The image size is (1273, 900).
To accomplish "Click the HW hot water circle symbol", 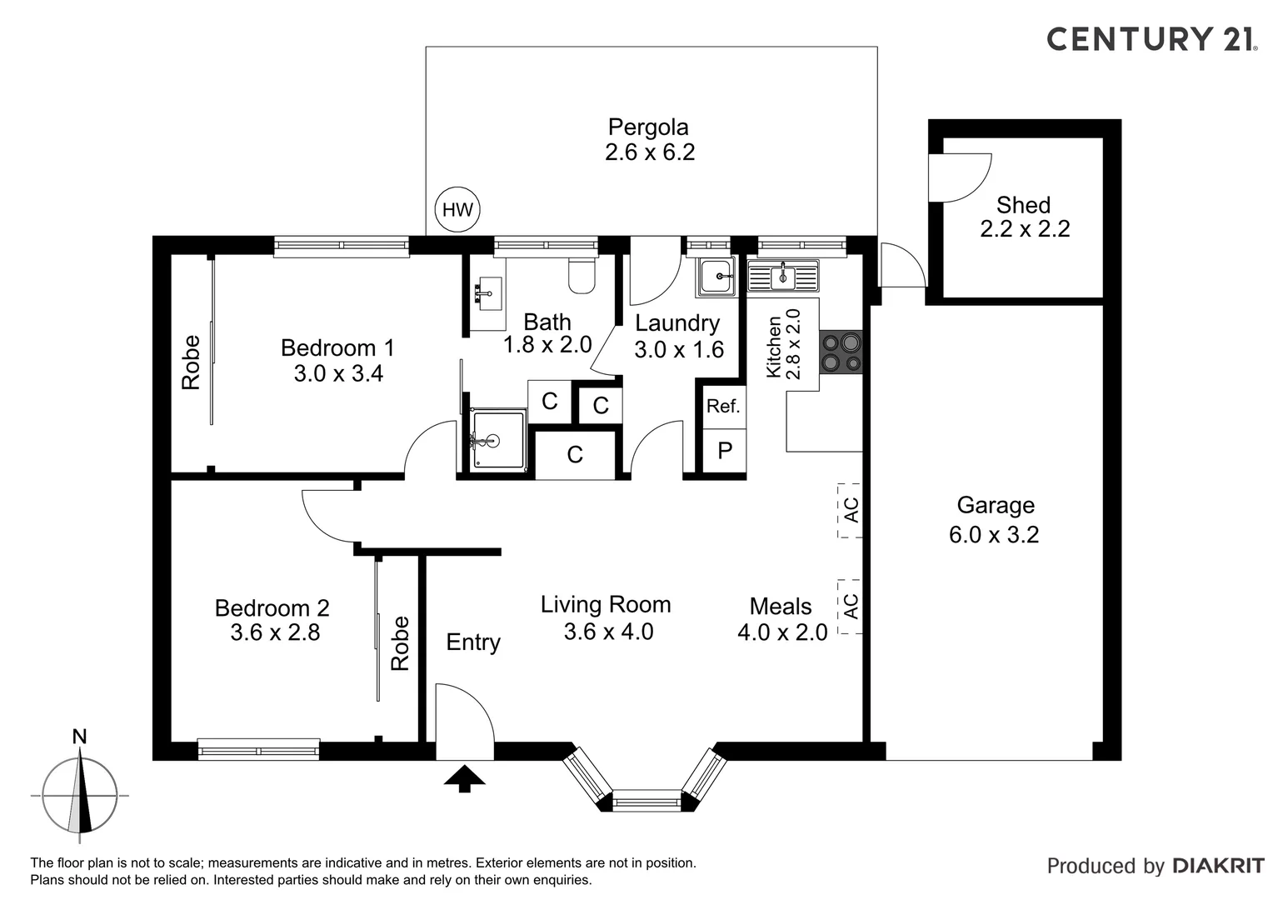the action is [x=457, y=209].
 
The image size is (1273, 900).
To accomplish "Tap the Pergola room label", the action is [x=648, y=127].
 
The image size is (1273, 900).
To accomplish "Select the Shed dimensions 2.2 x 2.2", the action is [x=1025, y=228].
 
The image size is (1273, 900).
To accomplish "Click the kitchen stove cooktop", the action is [x=841, y=352].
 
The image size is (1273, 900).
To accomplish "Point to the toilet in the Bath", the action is [x=581, y=275].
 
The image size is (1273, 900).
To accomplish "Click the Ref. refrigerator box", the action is [x=723, y=407].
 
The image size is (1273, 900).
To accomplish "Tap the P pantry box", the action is [x=724, y=451].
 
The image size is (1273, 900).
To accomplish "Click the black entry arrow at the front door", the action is [x=464, y=778].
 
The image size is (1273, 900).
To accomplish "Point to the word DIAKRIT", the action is [x=1219, y=866].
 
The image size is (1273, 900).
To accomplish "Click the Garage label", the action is [x=996, y=505].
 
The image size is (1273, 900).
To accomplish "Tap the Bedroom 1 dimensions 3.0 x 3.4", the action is [x=338, y=373].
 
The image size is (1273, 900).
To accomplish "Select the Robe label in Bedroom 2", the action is [x=400, y=643].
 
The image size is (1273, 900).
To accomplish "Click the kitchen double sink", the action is [x=783, y=277].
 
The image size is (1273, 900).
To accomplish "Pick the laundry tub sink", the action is [x=716, y=277].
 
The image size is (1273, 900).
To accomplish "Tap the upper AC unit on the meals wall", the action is [x=850, y=510].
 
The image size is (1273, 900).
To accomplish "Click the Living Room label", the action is [x=606, y=604].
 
